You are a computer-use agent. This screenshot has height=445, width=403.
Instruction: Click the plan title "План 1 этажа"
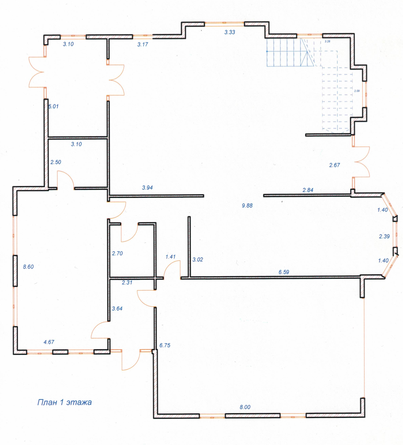point(64,402)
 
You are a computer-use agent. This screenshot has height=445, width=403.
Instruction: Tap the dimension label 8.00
point(245,407)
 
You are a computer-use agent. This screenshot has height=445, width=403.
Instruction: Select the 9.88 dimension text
point(247,205)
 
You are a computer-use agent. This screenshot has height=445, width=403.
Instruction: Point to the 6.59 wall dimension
point(284,272)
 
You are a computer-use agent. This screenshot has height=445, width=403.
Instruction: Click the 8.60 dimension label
point(28,267)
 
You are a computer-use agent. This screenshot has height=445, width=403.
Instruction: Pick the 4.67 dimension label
point(49,342)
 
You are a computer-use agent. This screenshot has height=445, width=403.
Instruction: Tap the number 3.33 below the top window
point(230,32)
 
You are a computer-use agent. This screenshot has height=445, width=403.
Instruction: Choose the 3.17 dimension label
point(143,44)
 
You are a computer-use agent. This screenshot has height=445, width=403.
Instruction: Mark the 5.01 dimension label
point(53,106)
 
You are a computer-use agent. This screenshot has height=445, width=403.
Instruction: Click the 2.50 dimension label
point(56,162)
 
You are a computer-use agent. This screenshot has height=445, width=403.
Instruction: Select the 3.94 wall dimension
point(147,188)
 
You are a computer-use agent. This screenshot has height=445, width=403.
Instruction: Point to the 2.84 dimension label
point(308,190)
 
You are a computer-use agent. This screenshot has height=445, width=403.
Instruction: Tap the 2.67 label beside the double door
point(335,165)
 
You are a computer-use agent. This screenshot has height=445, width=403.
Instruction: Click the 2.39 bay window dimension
point(384,236)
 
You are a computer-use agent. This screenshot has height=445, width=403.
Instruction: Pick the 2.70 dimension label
point(117,253)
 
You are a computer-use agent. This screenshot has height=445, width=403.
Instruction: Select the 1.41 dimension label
point(170,257)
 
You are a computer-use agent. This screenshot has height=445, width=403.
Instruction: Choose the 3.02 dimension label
point(198,260)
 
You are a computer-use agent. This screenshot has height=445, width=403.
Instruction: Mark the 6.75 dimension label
point(165,345)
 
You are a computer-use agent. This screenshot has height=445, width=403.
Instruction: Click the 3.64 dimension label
point(117,308)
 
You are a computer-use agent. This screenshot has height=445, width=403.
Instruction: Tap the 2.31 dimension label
point(127,283)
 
